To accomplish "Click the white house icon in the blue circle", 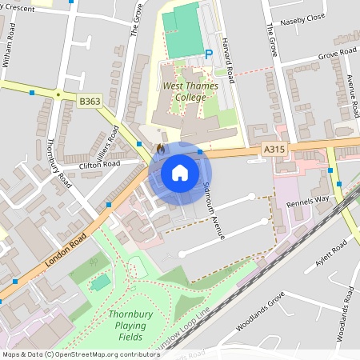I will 179,172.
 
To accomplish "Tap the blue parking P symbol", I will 209,54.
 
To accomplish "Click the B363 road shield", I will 90,102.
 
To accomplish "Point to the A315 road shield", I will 273,149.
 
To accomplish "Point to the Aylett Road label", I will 333,254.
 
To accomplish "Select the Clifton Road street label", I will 99,165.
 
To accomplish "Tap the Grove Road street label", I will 337,54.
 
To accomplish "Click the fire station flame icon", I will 160,149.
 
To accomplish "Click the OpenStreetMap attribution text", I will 80,354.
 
